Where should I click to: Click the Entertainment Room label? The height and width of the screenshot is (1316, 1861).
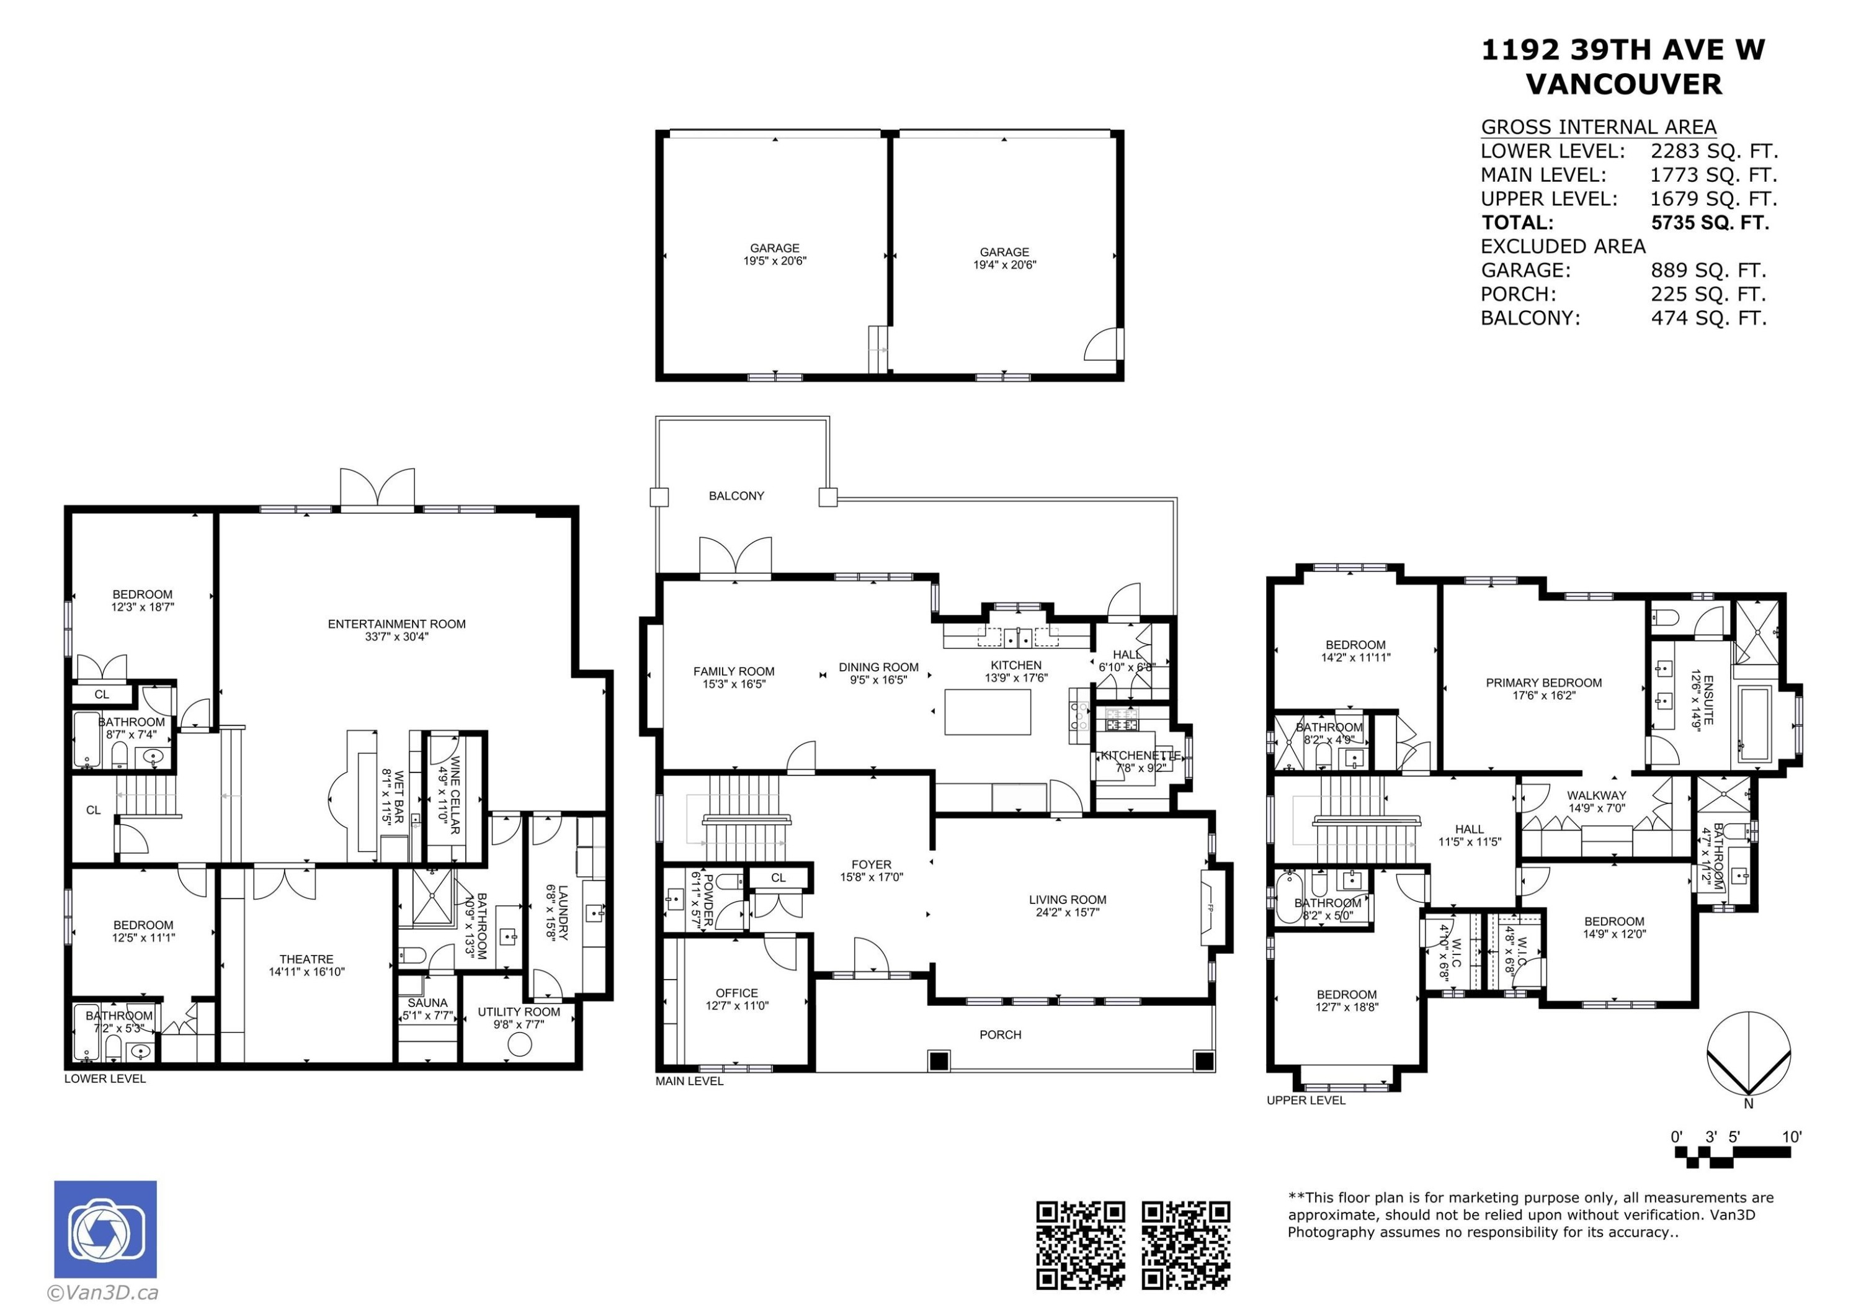pyautogui.click(x=396, y=624)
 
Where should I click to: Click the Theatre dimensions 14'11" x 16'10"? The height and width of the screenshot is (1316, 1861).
pyautogui.click(x=306, y=972)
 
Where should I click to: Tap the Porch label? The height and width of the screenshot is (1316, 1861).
pyautogui.click(x=1000, y=1035)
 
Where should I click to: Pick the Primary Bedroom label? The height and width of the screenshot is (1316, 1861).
pyautogui.click(x=1543, y=683)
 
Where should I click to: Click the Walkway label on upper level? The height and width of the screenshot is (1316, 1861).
pyautogui.click(x=1596, y=795)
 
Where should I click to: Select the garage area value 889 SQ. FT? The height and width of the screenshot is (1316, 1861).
pyautogui.click(x=1708, y=271)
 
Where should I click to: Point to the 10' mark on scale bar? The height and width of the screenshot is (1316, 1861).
pyautogui.click(x=1792, y=1137)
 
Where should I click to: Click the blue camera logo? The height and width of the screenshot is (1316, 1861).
pyautogui.click(x=105, y=1229)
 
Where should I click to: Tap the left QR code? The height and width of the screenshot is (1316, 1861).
pyautogui.click(x=1081, y=1245)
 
